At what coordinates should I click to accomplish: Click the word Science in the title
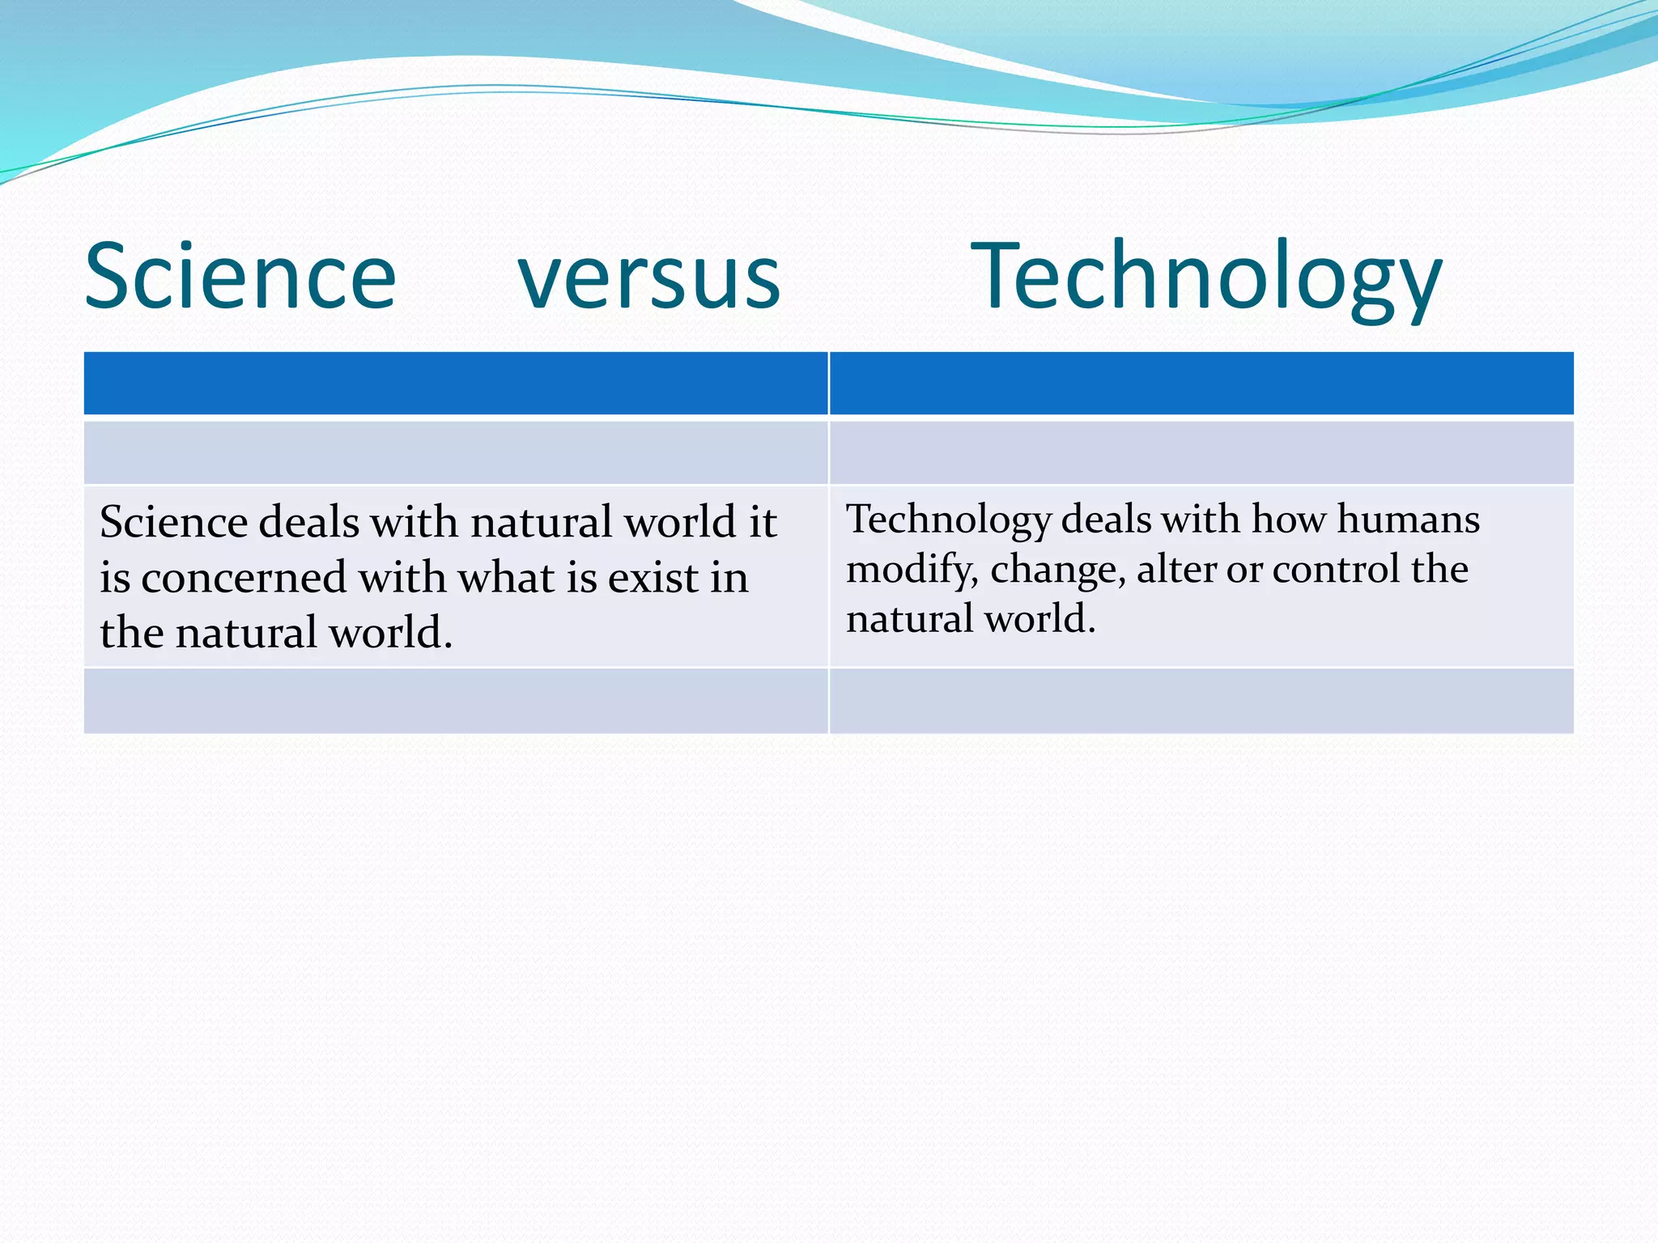pyautogui.click(x=240, y=277)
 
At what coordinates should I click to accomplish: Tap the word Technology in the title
pyautogui.click(x=1205, y=277)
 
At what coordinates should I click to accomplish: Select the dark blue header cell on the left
pyautogui.click(x=455, y=383)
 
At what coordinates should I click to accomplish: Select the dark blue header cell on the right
pyautogui.click(x=1201, y=383)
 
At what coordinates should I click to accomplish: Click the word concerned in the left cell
pyautogui.click(x=244, y=578)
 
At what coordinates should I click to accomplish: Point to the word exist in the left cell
pyautogui.click(x=653, y=578)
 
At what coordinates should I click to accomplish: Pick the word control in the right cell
pyautogui.click(x=1336, y=569)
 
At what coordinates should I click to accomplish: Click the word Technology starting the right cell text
pyautogui.click(x=948, y=520)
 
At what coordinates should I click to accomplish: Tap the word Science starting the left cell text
pyautogui.click(x=173, y=522)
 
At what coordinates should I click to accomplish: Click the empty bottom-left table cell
pyautogui.click(x=455, y=701)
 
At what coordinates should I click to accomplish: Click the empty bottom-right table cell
pyautogui.click(x=1201, y=701)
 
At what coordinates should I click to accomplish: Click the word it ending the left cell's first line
pyautogui.click(x=762, y=522)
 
